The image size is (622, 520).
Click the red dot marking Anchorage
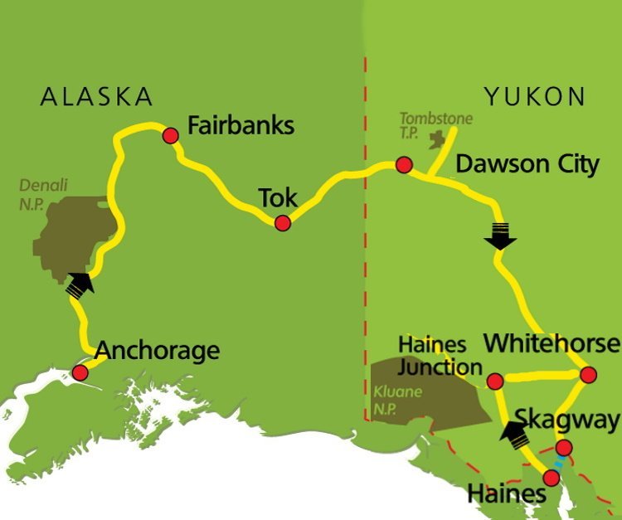pos(80,372)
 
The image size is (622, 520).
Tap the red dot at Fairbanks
pos(171,135)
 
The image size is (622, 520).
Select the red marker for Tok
pos(283,222)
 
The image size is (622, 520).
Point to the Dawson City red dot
pos(404,164)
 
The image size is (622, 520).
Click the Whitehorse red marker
pos(588,375)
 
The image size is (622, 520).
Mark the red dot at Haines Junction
pos(495,381)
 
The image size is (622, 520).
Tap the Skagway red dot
pos(564,449)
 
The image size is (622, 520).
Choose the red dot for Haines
pos(552,477)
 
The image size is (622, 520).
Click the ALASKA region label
pos(97,96)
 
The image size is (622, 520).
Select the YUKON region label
pos(535,96)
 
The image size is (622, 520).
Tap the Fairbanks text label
pos(241,127)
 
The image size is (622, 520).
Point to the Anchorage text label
pos(158,350)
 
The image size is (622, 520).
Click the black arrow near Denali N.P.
pos(80,284)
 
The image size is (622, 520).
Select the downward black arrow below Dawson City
pos(501,236)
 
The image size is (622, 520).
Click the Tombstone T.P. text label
pos(435,125)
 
